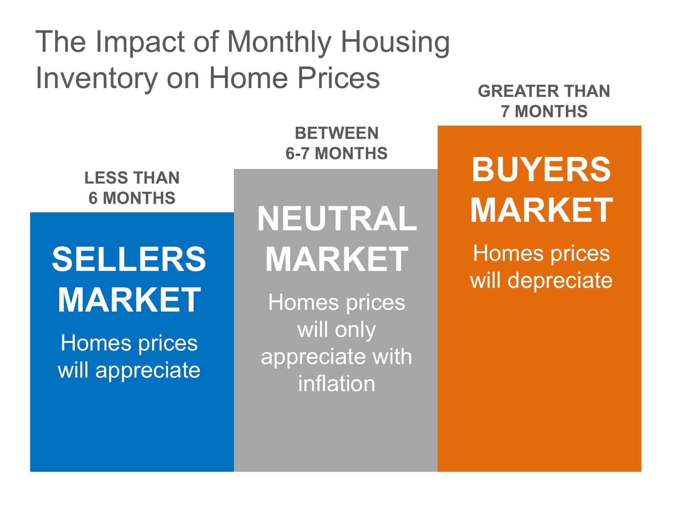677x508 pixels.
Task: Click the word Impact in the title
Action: (x=140, y=42)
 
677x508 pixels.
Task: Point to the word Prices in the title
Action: (x=338, y=79)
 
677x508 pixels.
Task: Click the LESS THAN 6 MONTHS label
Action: (x=132, y=188)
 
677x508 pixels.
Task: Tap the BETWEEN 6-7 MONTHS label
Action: (x=336, y=143)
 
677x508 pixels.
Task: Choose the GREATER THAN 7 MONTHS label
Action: (x=544, y=101)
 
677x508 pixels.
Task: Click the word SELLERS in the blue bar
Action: (x=129, y=259)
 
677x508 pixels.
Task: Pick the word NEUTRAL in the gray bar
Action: (x=337, y=219)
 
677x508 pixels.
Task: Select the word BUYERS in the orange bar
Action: (x=541, y=170)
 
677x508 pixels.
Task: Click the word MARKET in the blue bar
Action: (x=129, y=300)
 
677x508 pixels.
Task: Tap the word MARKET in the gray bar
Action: (x=337, y=259)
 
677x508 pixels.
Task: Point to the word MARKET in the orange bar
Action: (x=541, y=210)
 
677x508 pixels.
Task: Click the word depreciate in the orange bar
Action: (x=560, y=280)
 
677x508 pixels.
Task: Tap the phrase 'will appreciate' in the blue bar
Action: (x=129, y=370)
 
